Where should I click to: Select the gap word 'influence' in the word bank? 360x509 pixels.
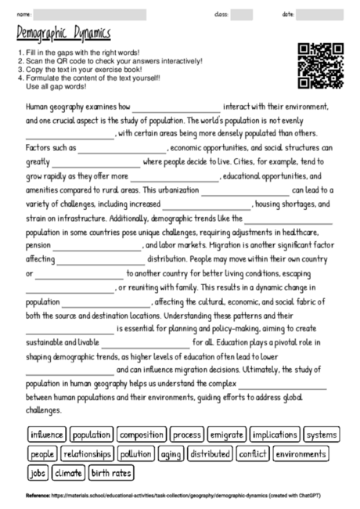click(x=47, y=435)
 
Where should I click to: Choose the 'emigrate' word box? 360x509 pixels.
click(x=228, y=435)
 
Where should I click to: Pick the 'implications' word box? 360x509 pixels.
click(x=275, y=435)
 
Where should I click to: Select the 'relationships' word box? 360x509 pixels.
click(x=88, y=453)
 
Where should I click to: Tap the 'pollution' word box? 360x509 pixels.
click(x=136, y=453)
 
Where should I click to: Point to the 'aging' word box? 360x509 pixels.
click(x=171, y=453)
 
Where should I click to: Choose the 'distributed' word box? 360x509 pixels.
click(x=210, y=453)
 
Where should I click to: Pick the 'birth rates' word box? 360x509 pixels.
click(x=111, y=472)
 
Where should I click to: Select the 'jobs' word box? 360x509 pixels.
click(x=37, y=472)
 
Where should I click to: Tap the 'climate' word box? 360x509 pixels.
click(x=69, y=472)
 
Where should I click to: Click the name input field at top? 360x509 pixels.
click(x=89, y=14)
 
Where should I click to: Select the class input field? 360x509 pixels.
click(x=241, y=14)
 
